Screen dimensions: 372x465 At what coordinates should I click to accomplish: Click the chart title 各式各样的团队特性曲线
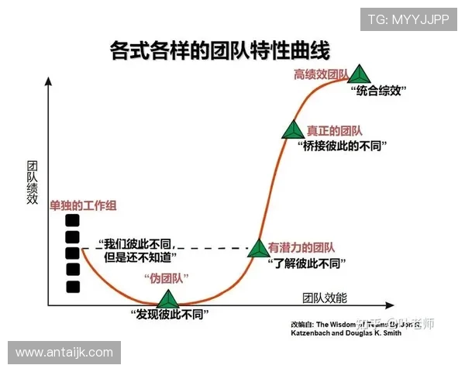[220, 52]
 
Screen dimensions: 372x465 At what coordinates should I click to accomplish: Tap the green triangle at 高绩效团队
[358, 74]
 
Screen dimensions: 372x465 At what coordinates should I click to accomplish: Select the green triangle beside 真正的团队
[293, 130]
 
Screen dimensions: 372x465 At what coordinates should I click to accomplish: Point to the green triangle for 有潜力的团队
[257, 248]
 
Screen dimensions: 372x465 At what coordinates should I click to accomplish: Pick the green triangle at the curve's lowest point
[168, 298]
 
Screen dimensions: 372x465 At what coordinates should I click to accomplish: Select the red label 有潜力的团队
[301, 248]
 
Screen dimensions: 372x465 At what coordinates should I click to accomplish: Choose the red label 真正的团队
[334, 131]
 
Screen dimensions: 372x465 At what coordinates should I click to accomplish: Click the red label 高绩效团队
[320, 74]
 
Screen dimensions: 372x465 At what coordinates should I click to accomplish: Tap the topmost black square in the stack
[73, 220]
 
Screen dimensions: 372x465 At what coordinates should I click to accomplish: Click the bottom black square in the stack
[73, 287]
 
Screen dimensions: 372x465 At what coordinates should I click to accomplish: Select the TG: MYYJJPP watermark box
[408, 20]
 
